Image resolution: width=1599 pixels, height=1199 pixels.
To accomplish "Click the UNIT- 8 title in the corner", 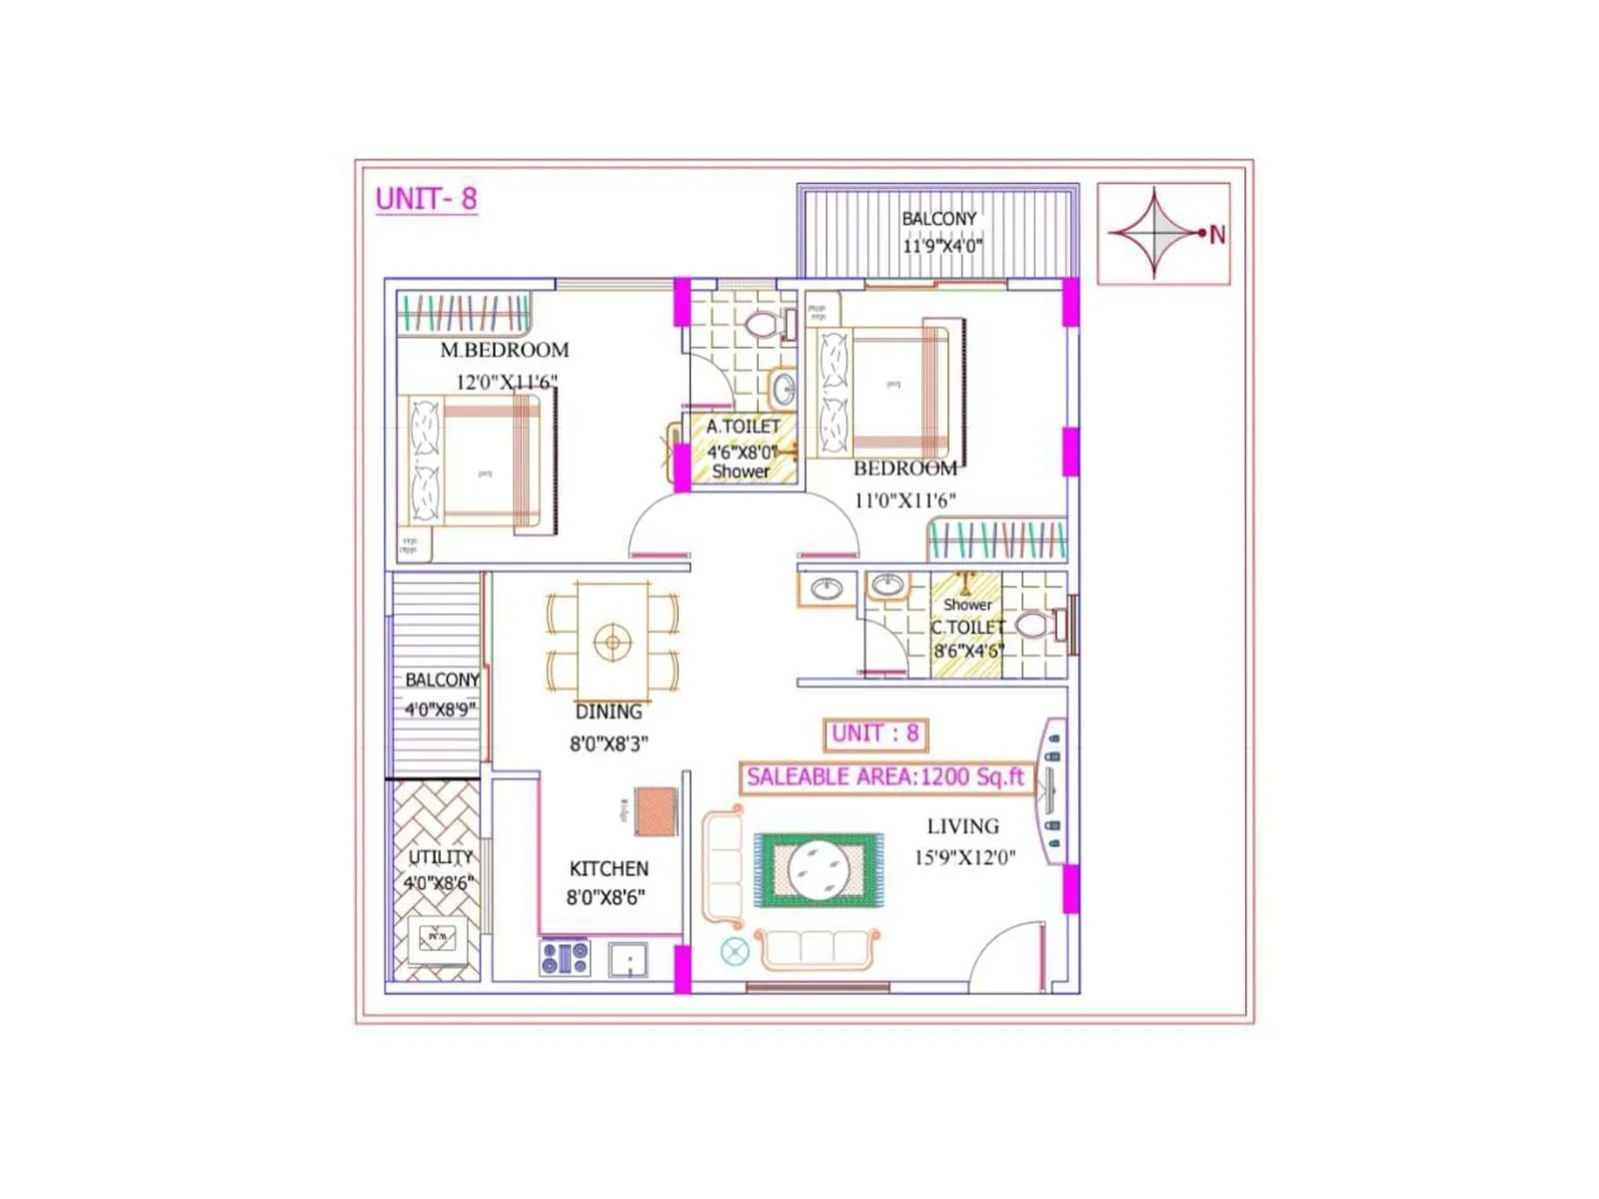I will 427,199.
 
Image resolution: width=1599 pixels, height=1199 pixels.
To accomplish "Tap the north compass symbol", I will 1156,233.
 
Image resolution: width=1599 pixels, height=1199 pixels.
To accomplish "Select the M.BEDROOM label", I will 505,351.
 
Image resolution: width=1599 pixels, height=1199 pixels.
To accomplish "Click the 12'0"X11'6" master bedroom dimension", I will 506,382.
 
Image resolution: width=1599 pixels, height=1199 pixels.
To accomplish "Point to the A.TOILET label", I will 744,427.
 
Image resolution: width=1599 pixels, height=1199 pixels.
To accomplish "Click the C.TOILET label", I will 967,627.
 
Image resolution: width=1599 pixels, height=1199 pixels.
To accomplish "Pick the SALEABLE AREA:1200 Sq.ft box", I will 885,777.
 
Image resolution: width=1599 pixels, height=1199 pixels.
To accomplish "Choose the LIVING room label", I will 962,826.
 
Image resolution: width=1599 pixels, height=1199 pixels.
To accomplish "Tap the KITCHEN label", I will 609,869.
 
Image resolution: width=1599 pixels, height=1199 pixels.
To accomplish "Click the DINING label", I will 609,712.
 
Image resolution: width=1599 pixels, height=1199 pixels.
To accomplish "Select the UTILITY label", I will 440,857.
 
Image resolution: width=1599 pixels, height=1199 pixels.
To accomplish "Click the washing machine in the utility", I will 437,937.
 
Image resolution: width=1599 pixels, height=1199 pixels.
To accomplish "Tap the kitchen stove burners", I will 565,959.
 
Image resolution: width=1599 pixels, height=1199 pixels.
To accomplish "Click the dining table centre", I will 612,641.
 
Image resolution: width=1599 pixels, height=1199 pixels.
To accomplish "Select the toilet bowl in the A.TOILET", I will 763,325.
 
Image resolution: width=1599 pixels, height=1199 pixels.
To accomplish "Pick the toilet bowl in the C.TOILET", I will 1033,626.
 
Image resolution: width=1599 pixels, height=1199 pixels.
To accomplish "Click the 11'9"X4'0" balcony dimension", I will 941,245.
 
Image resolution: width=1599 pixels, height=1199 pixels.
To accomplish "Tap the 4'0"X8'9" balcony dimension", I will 439,710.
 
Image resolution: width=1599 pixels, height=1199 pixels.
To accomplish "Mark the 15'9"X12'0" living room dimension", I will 964,857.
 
